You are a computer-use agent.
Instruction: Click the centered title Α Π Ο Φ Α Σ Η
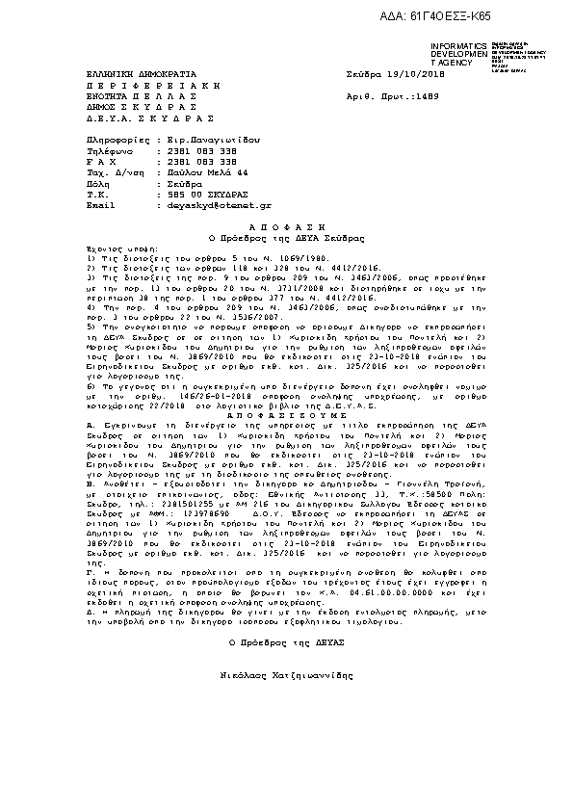click(286, 224)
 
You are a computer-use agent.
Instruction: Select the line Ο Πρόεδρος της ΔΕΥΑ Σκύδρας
click(286, 236)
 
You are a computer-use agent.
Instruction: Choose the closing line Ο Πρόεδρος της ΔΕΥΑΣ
click(286, 641)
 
